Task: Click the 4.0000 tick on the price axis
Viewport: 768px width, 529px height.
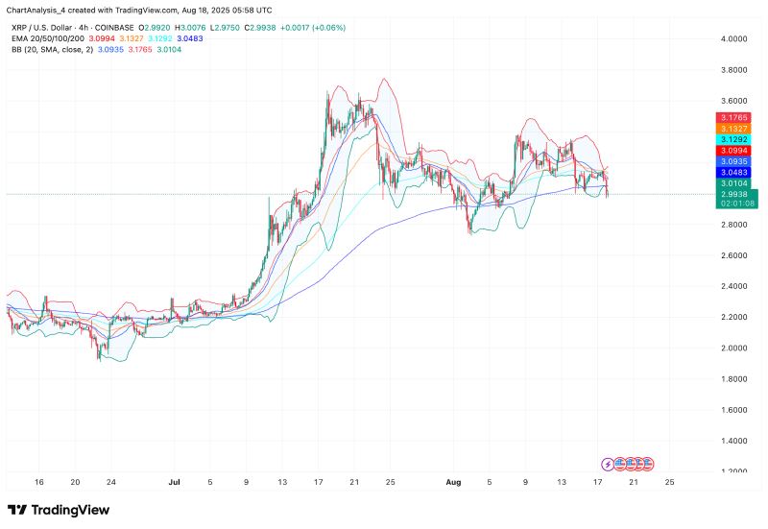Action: [x=733, y=39]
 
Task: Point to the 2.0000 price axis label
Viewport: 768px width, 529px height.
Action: [x=733, y=349]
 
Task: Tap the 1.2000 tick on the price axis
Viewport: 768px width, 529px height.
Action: [x=733, y=471]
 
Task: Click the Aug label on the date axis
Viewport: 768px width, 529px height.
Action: [x=457, y=483]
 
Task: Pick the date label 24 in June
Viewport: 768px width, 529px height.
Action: [x=111, y=483]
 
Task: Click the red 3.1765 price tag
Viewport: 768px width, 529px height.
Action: [x=733, y=116]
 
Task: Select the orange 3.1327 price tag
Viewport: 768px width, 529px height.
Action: [x=733, y=128]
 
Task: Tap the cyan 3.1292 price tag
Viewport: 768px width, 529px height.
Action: [x=733, y=139]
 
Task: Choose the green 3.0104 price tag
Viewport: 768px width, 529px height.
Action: [x=733, y=182]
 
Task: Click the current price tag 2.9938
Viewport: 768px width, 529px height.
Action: [x=733, y=194]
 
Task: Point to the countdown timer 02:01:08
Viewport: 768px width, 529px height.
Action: [x=733, y=204]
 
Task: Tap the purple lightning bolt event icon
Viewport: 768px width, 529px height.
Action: [x=607, y=462]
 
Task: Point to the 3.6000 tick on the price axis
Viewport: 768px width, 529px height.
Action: [x=733, y=101]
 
